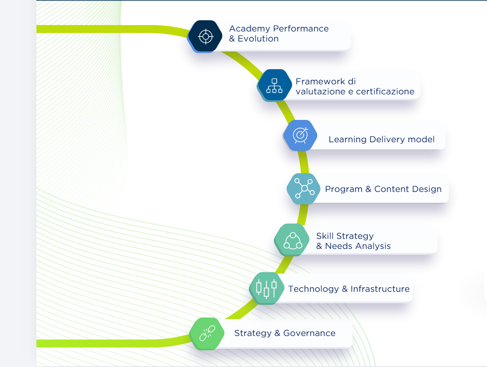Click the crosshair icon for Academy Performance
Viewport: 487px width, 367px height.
(x=205, y=36)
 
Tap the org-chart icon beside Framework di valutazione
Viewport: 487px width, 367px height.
(x=274, y=85)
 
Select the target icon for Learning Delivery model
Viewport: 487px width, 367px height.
(x=300, y=135)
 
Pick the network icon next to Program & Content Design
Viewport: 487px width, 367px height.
(x=304, y=188)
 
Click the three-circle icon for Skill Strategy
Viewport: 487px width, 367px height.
(x=292, y=240)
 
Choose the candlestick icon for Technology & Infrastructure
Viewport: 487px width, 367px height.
(x=266, y=289)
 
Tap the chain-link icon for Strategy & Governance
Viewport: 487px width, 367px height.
(x=207, y=333)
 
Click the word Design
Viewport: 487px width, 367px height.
(x=428, y=189)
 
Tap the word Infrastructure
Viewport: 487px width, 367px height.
(x=380, y=289)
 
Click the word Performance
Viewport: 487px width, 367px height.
(x=302, y=29)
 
